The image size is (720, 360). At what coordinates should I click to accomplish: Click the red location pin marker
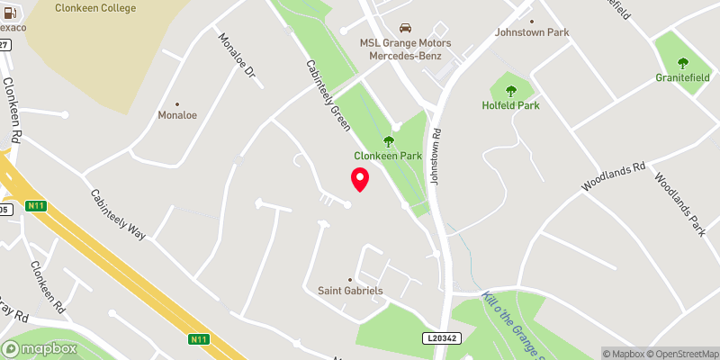360,179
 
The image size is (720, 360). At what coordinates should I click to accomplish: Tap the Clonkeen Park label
389,155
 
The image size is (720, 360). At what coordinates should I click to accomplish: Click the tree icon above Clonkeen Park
389,140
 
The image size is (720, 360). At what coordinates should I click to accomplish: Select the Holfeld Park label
510,105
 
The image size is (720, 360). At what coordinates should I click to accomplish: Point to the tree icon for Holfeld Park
511,91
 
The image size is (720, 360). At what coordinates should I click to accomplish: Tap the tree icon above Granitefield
682,64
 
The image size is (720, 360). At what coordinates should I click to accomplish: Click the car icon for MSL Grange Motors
405,28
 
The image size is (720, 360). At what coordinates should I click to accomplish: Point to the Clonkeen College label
94,8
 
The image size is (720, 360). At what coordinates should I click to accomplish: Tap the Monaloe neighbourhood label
176,115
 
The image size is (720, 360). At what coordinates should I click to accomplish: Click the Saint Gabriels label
351,291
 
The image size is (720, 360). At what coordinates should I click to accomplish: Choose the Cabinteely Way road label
118,214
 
